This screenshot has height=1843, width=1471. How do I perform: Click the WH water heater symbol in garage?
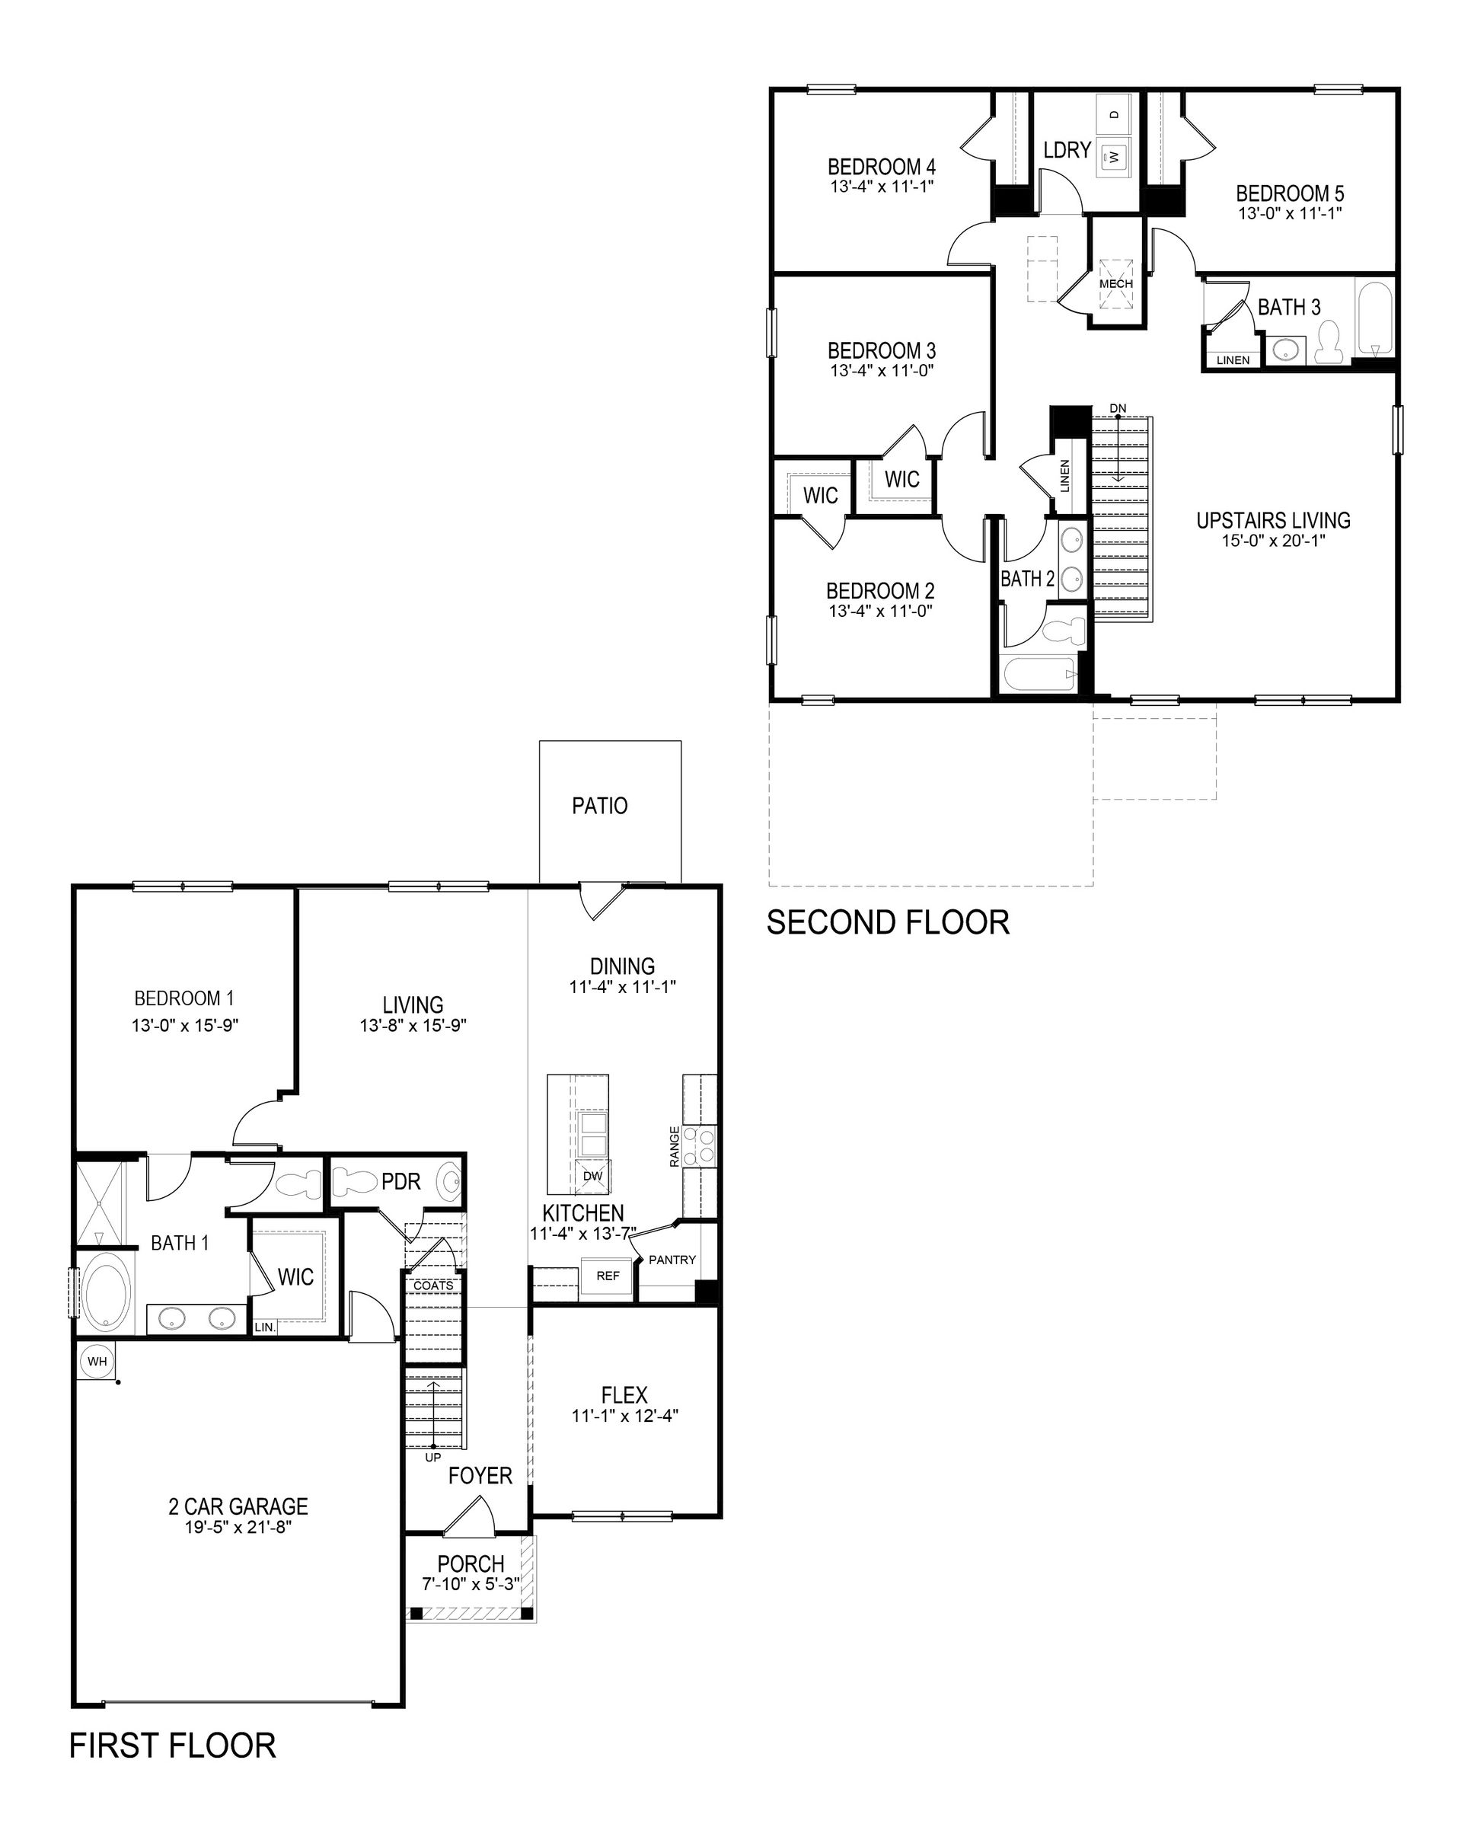97,1360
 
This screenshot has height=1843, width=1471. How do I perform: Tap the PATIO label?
599,806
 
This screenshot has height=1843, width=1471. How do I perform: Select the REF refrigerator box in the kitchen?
608,1276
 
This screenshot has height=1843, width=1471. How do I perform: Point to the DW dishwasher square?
592,1176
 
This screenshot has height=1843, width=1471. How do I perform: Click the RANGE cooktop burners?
706,1145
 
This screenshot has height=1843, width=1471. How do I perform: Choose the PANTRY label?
672,1260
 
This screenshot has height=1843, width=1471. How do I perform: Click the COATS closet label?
433,1286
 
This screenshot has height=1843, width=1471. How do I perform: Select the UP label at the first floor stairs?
432,1457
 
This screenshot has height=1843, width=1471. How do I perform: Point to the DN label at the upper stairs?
1117,409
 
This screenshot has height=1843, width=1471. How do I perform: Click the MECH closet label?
1115,284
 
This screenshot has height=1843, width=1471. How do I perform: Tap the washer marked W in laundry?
1114,156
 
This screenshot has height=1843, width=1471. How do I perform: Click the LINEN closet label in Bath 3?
1233,360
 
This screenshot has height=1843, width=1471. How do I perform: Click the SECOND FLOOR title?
887,922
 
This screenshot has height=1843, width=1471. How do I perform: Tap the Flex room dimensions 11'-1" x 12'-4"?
624,1416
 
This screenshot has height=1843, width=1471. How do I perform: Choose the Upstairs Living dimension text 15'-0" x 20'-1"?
1273,540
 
